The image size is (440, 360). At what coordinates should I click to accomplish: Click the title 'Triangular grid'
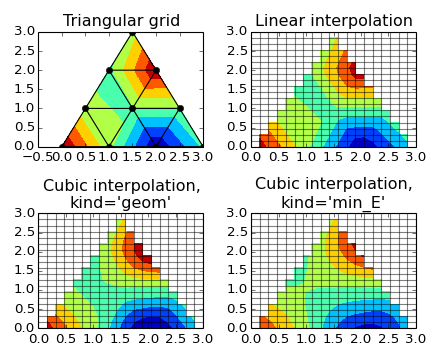121,21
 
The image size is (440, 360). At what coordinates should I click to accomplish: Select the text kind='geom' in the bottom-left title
121,203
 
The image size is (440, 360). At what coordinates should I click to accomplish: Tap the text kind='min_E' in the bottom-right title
333,203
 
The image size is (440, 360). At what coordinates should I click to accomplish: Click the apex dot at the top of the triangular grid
132,32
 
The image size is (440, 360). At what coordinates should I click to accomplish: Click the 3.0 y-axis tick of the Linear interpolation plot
236,32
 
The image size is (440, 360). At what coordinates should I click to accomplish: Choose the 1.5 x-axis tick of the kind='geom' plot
121,339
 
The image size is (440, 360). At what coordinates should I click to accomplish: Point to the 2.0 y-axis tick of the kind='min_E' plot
236,252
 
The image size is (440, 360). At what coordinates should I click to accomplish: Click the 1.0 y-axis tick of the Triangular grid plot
24,108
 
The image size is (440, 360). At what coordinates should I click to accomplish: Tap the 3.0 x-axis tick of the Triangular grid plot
203,157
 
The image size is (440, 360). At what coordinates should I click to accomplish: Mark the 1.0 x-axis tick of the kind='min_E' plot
306,339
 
